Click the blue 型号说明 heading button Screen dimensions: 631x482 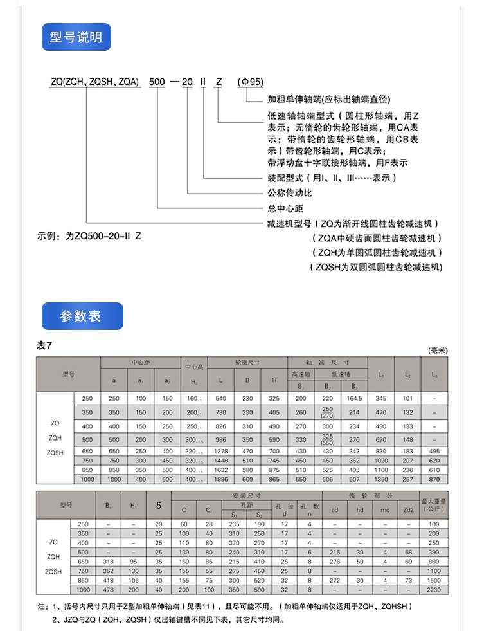[x=76, y=37]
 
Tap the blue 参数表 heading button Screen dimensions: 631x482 [x=82, y=316]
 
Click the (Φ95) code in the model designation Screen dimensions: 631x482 [x=251, y=82]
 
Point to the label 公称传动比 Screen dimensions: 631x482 [x=289, y=192]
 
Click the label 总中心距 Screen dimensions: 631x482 [x=285, y=208]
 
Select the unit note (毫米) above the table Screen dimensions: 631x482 [x=437, y=351]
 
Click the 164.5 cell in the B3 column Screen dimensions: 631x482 [x=354, y=399]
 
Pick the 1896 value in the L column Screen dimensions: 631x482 [x=221, y=479]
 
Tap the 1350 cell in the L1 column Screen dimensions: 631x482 [x=381, y=479]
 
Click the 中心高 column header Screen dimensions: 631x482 [x=194, y=367]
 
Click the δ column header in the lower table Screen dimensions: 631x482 [x=158, y=506]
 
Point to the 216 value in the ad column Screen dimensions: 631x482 [x=335, y=552]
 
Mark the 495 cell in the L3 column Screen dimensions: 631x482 [x=434, y=451]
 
